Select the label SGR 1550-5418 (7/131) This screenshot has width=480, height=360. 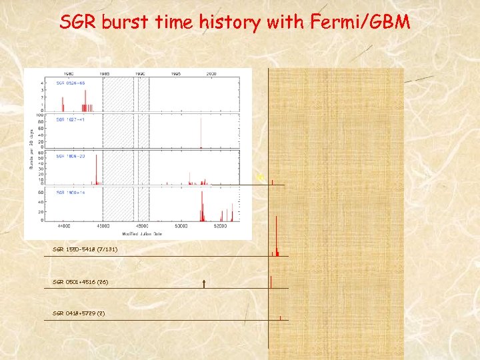(85, 249)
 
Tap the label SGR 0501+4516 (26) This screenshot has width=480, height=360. (80, 282)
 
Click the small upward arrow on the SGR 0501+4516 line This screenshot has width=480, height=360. (203, 284)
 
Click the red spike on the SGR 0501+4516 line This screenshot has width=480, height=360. (271, 281)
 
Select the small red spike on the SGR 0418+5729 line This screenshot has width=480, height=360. (281, 317)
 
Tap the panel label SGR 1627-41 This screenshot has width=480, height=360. (70, 119)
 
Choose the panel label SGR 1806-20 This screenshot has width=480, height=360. (70, 156)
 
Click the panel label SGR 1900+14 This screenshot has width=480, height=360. (70, 192)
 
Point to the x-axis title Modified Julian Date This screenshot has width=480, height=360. (143, 234)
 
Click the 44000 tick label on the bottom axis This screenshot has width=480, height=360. (65, 227)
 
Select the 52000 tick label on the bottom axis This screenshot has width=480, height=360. (221, 227)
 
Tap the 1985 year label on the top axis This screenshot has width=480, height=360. (104, 73)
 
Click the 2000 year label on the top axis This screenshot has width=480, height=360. (211, 73)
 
